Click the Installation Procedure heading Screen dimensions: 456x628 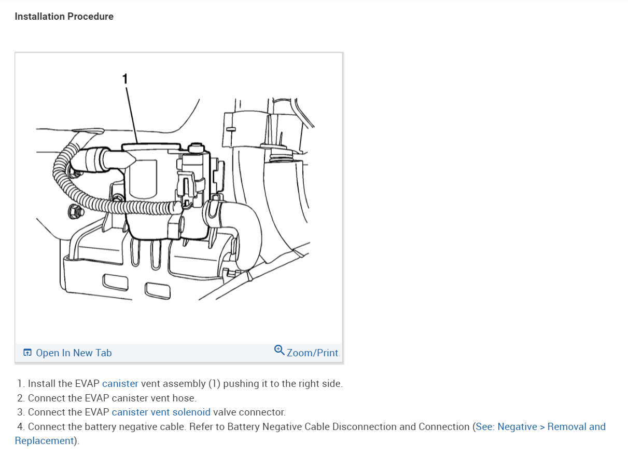coord(64,17)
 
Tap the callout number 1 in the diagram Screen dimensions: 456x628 coord(124,78)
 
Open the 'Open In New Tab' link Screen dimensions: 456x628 coord(74,353)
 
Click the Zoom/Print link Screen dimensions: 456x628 coord(312,353)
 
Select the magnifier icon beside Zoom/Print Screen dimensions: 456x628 coord(279,351)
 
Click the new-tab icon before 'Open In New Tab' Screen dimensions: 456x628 coord(27,353)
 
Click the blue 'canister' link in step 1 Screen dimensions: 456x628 coord(120,384)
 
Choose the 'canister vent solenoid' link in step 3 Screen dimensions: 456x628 coord(161,412)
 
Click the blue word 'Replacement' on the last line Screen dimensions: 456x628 coord(45,441)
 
